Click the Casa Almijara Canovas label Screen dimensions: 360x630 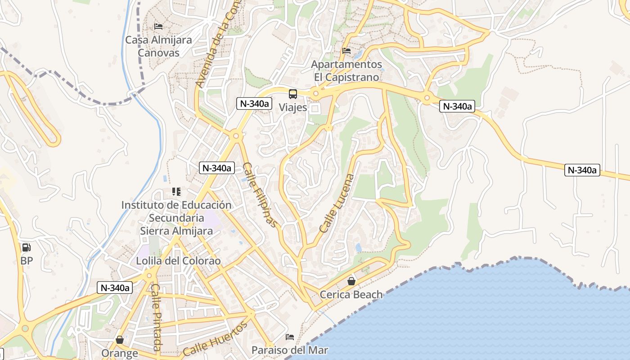[158, 46]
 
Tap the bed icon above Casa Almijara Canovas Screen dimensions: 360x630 [158, 27]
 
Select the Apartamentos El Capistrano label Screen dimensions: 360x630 [346, 71]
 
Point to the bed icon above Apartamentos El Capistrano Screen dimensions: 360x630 [346, 51]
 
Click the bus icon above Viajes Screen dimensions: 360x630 [293, 94]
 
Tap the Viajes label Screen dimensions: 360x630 [293, 108]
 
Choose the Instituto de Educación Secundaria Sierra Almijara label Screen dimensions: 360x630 [176, 218]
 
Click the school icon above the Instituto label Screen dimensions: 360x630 [176, 192]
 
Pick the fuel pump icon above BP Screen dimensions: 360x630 [27, 247]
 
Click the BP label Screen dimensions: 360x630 [27, 261]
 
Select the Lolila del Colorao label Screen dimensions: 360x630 [179, 261]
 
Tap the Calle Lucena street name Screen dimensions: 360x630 [337, 203]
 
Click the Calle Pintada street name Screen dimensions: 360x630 [156, 317]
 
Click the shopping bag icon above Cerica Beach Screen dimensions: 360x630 [351, 281]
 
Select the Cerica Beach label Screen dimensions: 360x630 [351, 295]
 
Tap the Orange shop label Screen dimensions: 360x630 [119, 353]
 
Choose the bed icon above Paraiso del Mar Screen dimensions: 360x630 [290, 337]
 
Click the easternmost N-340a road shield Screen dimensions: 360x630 [582, 170]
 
